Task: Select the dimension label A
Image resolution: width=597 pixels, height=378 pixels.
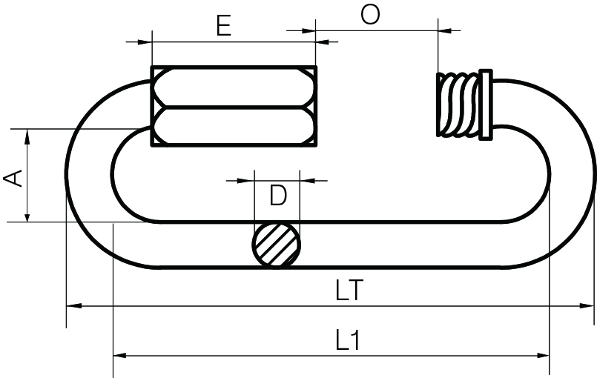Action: click(x=13, y=177)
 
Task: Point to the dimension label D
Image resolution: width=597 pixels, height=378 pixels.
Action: click(x=277, y=196)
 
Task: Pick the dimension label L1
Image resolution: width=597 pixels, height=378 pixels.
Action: click(x=347, y=341)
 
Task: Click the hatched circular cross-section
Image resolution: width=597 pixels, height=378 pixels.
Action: click(x=277, y=245)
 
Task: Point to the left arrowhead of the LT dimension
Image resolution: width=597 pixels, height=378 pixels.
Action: click(x=73, y=305)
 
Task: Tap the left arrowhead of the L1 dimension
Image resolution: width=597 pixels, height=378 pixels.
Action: click(x=119, y=355)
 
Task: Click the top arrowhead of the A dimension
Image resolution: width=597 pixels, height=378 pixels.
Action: click(x=27, y=134)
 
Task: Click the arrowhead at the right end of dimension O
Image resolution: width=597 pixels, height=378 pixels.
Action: click(x=445, y=30)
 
